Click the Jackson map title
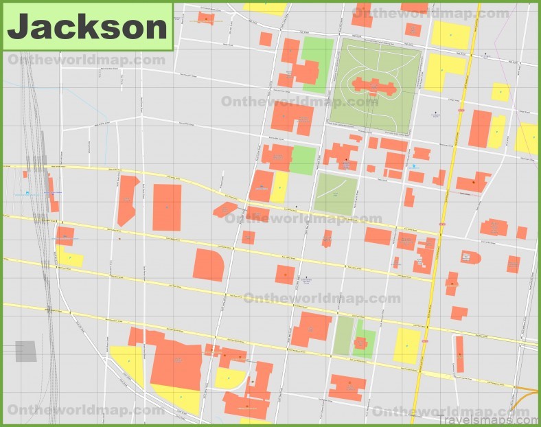tap(87, 27)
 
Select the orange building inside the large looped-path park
tap(375, 87)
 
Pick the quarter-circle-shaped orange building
tap(209, 264)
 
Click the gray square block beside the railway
tap(26, 351)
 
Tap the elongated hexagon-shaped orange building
tap(128, 200)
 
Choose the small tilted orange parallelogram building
tap(225, 209)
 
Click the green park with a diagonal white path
tap(336, 194)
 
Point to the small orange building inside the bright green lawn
tap(361, 342)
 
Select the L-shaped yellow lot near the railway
tap(69, 257)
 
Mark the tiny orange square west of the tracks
tap(25, 174)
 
